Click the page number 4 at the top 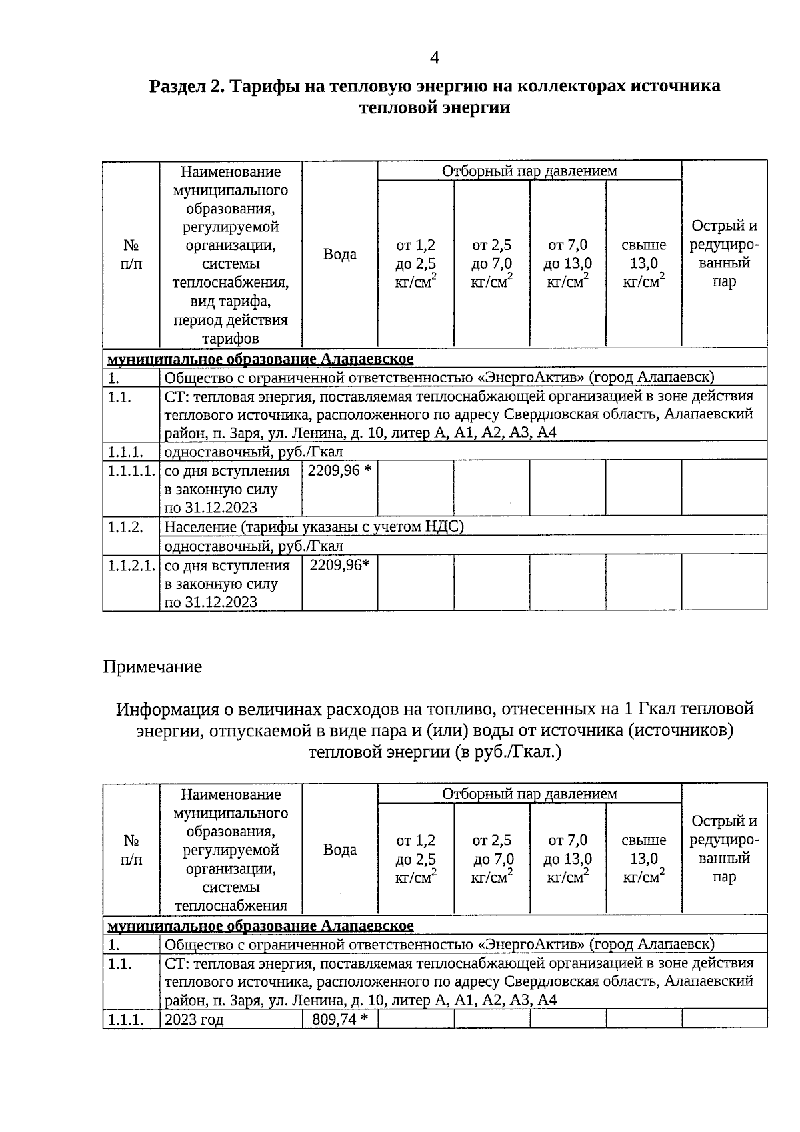tap(434, 58)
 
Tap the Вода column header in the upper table tap(339, 254)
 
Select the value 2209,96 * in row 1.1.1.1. tap(339, 471)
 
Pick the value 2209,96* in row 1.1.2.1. tap(339, 566)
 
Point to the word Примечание tap(152, 666)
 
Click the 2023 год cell tap(194, 1019)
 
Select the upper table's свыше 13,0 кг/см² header tap(643, 263)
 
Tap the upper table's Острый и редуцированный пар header tap(724, 253)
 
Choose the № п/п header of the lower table tap(131, 850)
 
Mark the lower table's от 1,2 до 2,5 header tap(415, 859)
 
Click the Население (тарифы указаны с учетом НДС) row tap(313, 527)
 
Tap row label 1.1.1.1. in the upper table tap(131, 471)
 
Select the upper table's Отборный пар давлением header tap(529, 171)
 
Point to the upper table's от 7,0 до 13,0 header tap(567, 263)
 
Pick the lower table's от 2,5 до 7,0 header tap(491, 859)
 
